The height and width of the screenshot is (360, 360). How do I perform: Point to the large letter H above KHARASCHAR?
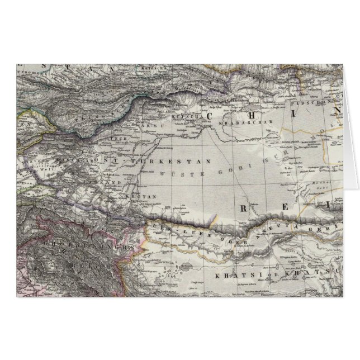click(x=277, y=113)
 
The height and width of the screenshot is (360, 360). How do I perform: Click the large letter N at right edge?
click(x=337, y=111)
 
